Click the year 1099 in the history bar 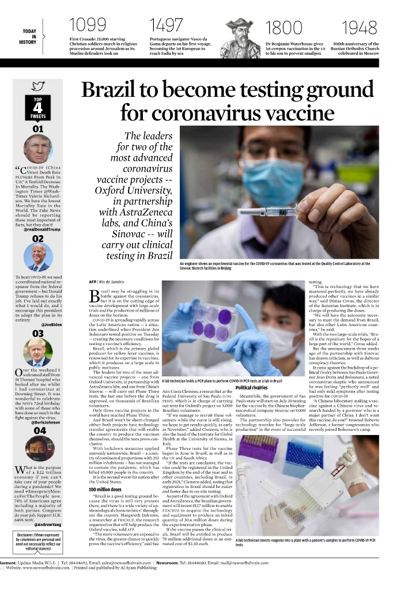[x=88, y=25]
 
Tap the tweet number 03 [x=38, y=333]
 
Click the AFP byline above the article [x=92, y=282]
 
